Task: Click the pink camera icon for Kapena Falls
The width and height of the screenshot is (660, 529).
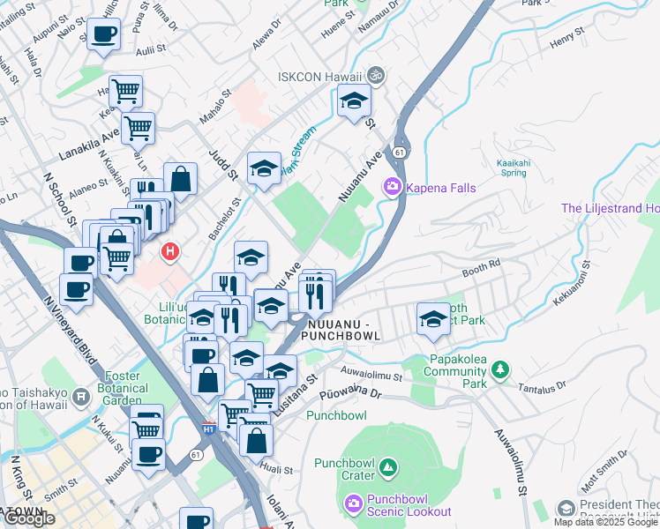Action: point(392,187)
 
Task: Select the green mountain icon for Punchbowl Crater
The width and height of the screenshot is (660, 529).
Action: point(390,466)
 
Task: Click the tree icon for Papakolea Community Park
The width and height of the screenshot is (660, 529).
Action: point(501,368)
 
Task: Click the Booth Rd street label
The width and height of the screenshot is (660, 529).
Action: point(481,263)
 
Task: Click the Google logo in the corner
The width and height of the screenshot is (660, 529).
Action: point(29,518)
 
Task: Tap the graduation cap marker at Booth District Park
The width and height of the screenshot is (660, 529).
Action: point(432,318)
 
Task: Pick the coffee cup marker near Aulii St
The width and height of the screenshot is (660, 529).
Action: point(103,35)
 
